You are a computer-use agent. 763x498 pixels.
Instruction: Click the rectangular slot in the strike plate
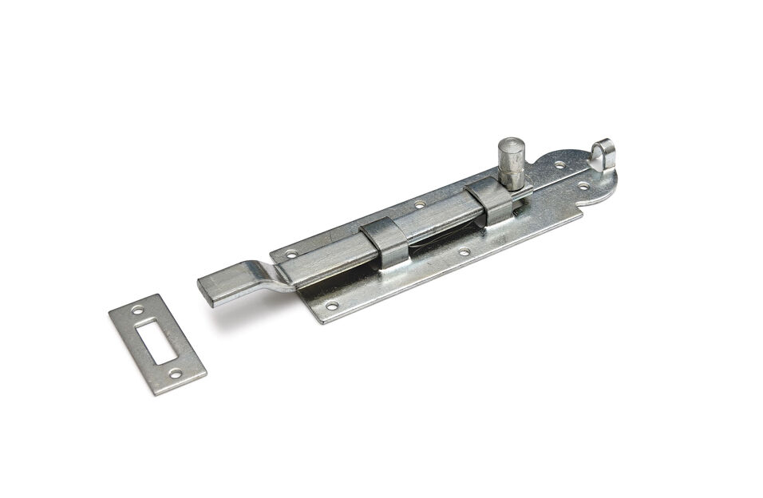(156, 342)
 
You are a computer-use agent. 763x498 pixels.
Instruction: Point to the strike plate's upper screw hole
(137, 309)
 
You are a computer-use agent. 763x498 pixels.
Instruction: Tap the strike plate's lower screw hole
(176, 373)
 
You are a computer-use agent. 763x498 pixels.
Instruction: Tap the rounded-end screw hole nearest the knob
(560, 165)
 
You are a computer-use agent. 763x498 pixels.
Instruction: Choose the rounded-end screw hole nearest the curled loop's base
(583, 185)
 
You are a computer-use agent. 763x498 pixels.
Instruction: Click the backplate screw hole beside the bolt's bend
(291, 253)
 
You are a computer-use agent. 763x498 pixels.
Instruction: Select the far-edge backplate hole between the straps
(419, 204)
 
